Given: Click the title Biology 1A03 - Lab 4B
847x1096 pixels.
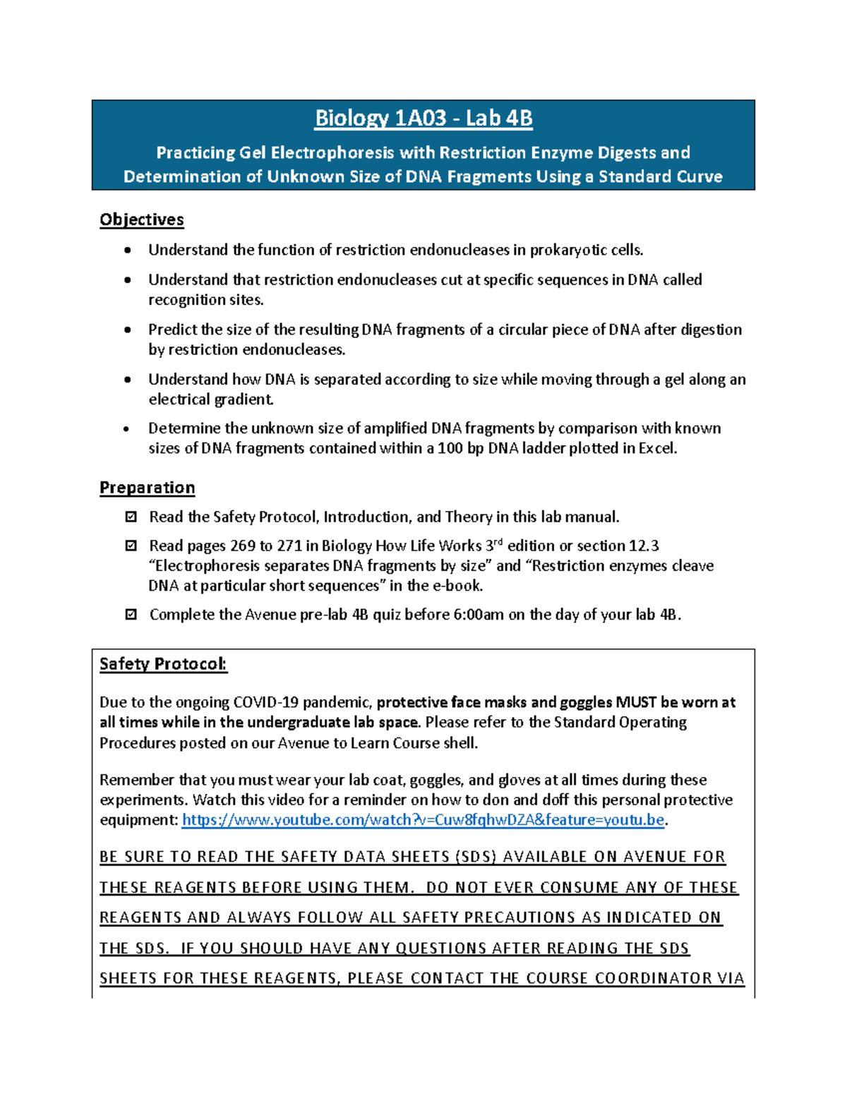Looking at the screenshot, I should click(423, 118).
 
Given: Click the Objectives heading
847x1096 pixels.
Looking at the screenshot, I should click(141, 219).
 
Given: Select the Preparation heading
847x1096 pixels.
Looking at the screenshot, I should click(147, 488).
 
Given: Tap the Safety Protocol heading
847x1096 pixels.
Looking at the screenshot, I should click(163, 664).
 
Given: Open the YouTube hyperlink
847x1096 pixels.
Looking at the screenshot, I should click(423, 820).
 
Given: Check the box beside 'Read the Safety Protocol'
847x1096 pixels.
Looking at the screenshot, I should click(131, 517).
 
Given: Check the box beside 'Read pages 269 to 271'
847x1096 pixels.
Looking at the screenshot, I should click(131, 546).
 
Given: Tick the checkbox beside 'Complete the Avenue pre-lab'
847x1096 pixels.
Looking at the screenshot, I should click(131, 615).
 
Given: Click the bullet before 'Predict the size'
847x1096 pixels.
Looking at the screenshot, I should click(128, 330).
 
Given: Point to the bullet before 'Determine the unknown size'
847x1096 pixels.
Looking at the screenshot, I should click(128, 428).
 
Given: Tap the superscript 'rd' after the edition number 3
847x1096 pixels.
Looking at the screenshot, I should click(498, 542).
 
